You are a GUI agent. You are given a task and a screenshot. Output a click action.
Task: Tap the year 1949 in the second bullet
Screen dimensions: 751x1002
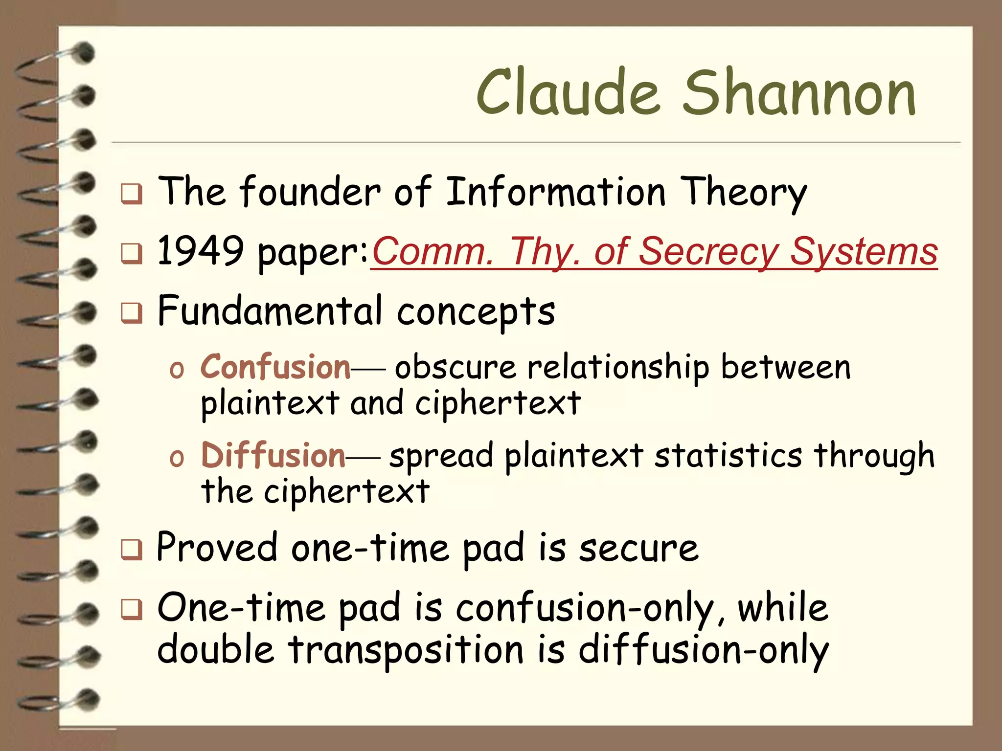[201, 251]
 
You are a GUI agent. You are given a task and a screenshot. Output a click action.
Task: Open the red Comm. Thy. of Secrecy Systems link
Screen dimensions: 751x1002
[654, 252]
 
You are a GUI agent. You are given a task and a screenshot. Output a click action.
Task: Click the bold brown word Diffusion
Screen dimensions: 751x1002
[273, 455]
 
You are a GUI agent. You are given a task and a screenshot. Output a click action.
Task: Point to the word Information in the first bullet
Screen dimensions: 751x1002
[555, 192]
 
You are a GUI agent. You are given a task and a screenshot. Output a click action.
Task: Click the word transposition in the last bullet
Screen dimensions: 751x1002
[406, 650]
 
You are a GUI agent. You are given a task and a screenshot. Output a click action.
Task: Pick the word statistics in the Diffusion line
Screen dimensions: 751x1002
[728, 455]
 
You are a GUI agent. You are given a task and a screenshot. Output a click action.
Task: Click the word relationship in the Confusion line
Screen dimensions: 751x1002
[617, 368]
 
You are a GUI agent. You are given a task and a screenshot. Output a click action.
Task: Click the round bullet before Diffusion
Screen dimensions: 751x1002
[176, 459]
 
